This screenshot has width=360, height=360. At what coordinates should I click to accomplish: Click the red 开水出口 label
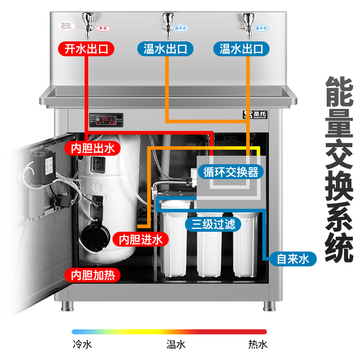pos(86,49)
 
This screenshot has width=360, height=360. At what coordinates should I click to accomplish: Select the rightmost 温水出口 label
pos(241,49)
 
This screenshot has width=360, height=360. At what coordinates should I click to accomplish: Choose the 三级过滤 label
pos(213,224)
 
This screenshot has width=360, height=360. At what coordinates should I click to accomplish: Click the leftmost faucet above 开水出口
pos(87,21)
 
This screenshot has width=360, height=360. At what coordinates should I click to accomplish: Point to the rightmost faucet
pos(247,21)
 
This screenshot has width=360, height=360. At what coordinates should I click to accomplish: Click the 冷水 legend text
pos(82,345)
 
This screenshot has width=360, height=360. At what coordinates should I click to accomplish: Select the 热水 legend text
pos(257,345)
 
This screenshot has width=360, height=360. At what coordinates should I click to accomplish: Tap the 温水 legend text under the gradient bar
pos(175,345)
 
